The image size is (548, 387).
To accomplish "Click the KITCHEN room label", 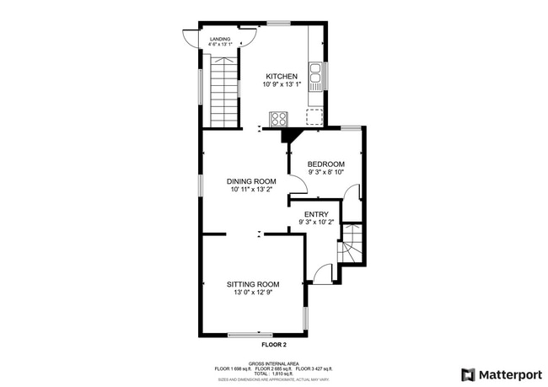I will [x=282, y=76].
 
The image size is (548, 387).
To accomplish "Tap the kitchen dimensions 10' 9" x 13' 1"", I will [x=282, y=84].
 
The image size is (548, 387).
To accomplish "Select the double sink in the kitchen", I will [x=316, y=78].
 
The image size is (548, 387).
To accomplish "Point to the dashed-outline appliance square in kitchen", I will [x=315, y=116].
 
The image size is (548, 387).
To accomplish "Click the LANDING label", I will [x=219, y=38].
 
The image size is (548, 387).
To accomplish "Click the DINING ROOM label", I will [x=252, y=181].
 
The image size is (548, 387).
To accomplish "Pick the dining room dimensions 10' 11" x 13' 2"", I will [x=252, y=190].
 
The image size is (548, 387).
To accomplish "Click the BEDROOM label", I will [x=325, y=164].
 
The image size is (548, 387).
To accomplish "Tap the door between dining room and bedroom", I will [x=295, y=184].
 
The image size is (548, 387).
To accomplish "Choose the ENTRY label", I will [x=316, y=214].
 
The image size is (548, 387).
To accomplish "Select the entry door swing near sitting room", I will [x=323, y=273].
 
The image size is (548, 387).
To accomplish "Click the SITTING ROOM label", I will [x=252, y=284].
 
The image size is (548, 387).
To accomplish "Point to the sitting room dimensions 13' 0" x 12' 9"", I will [x=252, y=293].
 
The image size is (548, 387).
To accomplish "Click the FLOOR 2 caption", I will [x=274, y=345].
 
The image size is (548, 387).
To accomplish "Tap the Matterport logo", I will [x=500, y=374].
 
